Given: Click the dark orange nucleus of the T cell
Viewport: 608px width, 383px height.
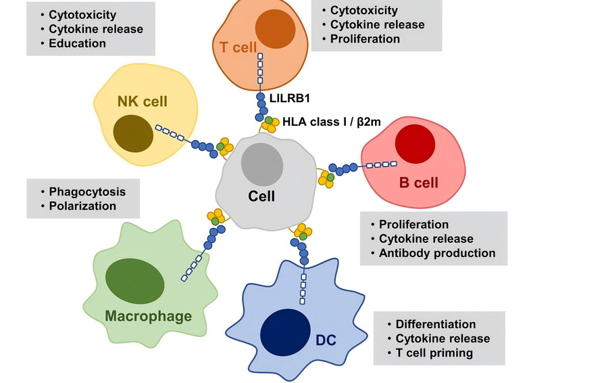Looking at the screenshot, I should pos(275,30).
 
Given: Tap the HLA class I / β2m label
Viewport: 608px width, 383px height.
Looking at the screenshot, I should pos(330,122).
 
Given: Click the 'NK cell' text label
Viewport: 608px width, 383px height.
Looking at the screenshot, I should pos(142,102).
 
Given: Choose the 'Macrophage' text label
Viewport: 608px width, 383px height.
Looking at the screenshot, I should pos(148,316).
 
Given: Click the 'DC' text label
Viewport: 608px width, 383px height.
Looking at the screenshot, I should pos(326,340).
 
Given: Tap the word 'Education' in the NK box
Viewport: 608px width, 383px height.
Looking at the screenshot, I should pos(77,43).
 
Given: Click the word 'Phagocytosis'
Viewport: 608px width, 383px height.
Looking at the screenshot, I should pos(86,191).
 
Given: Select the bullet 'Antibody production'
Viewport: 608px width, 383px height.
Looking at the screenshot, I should pos(437,253).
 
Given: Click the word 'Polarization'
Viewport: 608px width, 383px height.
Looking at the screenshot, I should pos(82,206).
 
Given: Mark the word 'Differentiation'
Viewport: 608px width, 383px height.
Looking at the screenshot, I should pos(436,324).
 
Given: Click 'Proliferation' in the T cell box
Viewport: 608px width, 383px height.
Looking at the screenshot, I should pos(365,39).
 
